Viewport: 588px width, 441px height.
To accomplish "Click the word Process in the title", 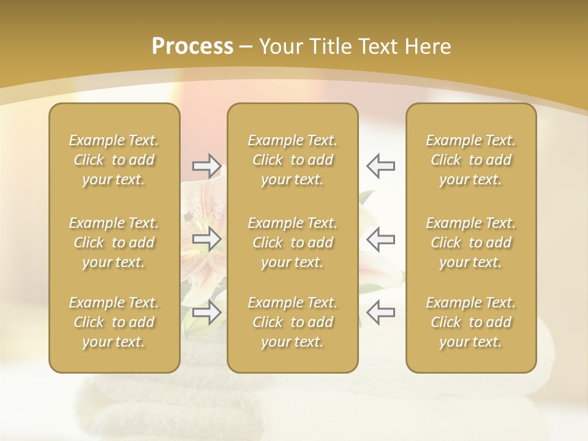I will coord(192,47).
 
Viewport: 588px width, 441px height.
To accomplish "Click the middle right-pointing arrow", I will coord(206,239).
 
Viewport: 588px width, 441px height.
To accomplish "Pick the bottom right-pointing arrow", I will coord(206,312).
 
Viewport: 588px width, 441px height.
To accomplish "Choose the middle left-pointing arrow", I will coord(380,239).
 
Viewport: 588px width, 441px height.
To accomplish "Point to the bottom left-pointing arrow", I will coord(380,312).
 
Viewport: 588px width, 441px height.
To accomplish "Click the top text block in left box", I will coord(114,160).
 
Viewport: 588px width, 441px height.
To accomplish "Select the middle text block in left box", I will coord(114,243).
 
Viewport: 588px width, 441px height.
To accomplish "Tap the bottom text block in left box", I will coord(114,322).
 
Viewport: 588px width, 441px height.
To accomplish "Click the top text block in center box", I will coord(292,160).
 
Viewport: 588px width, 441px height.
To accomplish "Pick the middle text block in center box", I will coord(292,243).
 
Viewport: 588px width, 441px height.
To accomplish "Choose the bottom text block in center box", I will coord(292,322).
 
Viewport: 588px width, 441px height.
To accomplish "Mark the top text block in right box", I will coord(470,160).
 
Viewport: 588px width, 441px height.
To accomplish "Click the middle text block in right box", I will coord(470,243).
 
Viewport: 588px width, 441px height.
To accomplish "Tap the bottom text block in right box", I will coord(470,322).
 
